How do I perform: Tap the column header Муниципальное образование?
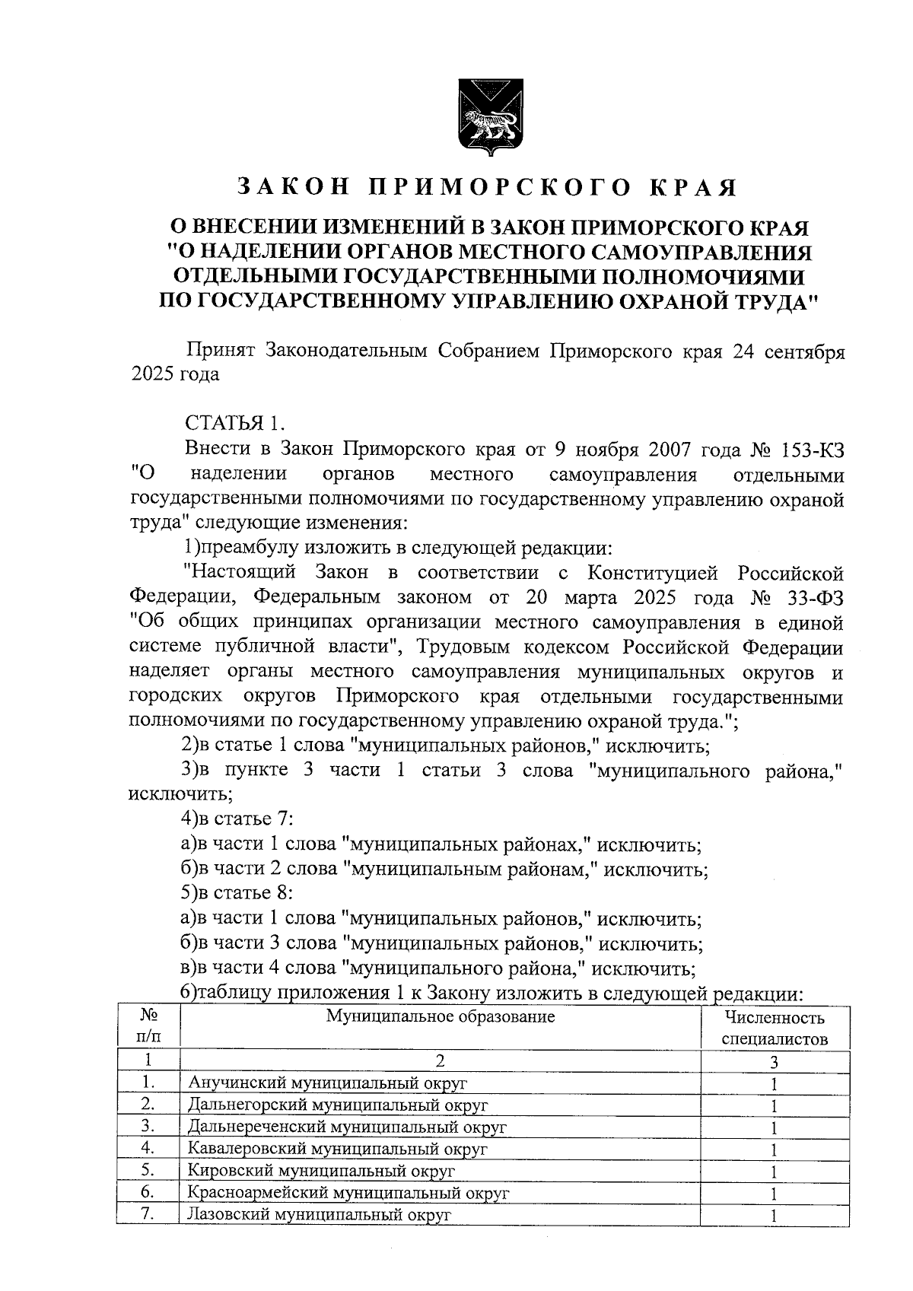tap(440, 1016)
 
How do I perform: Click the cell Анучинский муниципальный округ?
tap(327, 1083)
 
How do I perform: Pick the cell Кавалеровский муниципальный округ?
tap(337, 1149)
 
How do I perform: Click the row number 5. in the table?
tap(148, 1171)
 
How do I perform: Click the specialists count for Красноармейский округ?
tap(774, 1194)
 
